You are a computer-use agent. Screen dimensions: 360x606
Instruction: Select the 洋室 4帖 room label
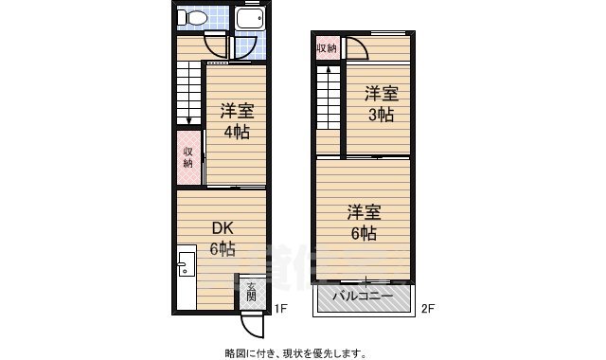tap(237, 121)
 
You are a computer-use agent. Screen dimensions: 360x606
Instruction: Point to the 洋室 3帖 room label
tap(382, 104)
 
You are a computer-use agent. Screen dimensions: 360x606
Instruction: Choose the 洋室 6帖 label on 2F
tap(363, 222)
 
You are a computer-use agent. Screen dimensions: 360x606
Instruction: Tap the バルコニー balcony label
tap(364, 297)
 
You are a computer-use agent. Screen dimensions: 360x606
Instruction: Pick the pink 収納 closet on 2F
tap(326, 47)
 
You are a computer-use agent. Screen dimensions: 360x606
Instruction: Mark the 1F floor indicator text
tap(281, 309)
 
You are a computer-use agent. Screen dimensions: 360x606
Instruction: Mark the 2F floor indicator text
tap(427, 309)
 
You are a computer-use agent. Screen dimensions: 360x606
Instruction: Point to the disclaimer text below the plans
tap(295, 352)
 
